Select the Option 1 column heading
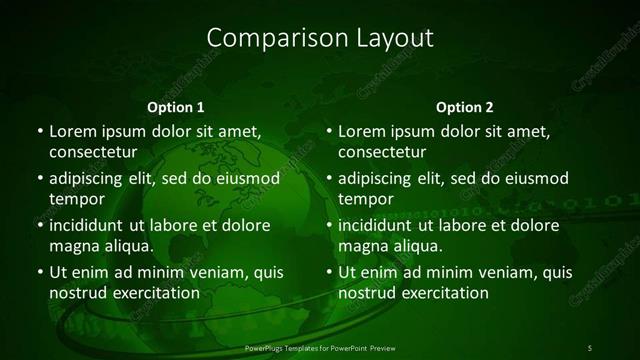(x=176, y=106)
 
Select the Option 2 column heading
(x=465, y=106)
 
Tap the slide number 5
(x=589, y=347)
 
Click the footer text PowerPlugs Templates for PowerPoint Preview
(x=319, y=347)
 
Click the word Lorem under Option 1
(x=72, y=131)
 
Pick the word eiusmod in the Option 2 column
(x=536, y=179)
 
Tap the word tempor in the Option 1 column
(x=76, y=199)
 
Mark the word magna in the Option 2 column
(x=361, y=246)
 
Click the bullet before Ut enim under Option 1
(x=38, y=273)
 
